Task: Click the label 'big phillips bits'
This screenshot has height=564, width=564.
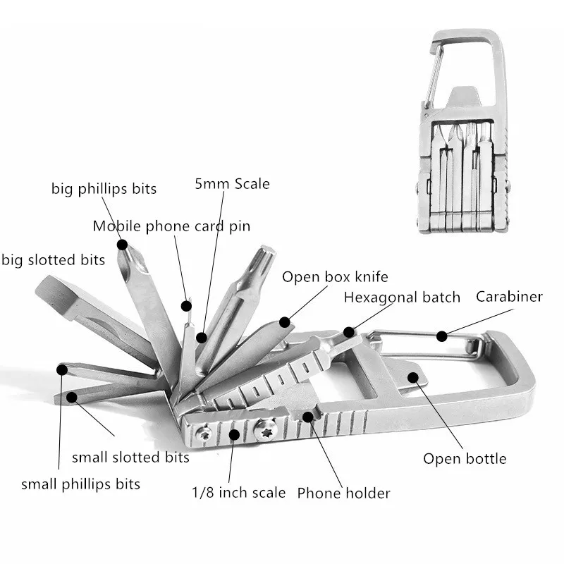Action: [x=104, y=189]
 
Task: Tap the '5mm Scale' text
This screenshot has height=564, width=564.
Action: [x=232, y=184]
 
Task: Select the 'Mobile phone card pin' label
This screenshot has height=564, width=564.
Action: [x=171, y=226]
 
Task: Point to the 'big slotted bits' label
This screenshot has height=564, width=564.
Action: [x=54, y=259]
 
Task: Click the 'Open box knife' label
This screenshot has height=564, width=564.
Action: [x=335, y=277]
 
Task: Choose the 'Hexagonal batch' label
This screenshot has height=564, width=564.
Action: [x=402, y=298]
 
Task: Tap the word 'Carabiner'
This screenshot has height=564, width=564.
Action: [x=509, y=297]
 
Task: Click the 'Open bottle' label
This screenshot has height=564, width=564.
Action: [x=465, y=459]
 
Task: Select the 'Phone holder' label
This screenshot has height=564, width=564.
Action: [x=343, y=493]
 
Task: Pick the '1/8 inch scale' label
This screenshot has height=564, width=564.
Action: [x=238, y=492]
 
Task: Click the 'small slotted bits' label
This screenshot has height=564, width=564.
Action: [x=130, y=457]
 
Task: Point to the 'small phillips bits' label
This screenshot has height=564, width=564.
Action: [x=80, y=484]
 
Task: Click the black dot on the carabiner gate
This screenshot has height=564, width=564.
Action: [x=442, y=336]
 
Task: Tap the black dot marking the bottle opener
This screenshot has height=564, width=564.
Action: [x=413, y=377]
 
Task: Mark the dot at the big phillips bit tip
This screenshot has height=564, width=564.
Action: [x=122, y=245]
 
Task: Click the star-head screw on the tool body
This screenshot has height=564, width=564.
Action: [x=266, y=429]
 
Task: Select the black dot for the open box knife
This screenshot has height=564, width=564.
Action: [x=285, y=322]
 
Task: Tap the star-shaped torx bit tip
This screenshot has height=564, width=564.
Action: [x=266, y=255]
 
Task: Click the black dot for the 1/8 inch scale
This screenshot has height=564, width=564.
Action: [x=234, y=434]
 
